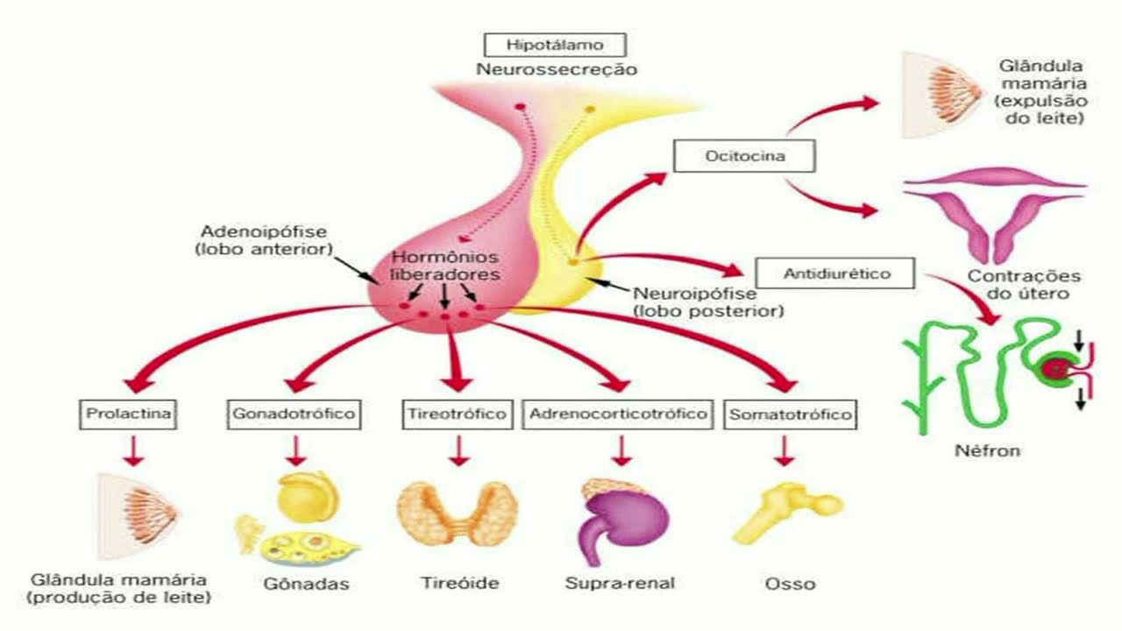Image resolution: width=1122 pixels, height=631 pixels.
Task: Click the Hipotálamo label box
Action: [x=555, y=45]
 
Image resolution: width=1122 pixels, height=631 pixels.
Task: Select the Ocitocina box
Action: [x=744, y=157]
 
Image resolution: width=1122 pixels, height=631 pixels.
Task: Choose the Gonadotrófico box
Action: [x=294, y=413]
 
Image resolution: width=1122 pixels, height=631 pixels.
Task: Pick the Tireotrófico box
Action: [x=457, y=413]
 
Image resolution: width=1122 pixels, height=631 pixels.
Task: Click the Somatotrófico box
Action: [x=790, y=414]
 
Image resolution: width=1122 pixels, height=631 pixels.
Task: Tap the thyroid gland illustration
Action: [x=457, y=514]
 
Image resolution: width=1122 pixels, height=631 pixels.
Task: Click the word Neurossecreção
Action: [x=557, y=68]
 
